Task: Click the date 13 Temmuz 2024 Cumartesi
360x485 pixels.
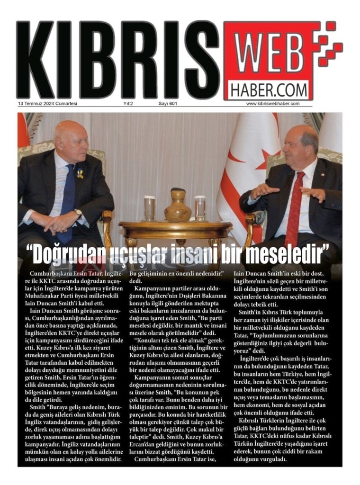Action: click(x=48, y=104)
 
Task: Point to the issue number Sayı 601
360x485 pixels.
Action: click(x=168, y=104)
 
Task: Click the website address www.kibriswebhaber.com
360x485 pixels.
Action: click(x=273, y=104)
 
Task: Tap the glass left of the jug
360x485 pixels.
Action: click(x=150, y=208)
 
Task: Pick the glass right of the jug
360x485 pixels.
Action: click(x=200, y=208)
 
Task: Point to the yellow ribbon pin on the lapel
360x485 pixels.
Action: click(x=80, y=174)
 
